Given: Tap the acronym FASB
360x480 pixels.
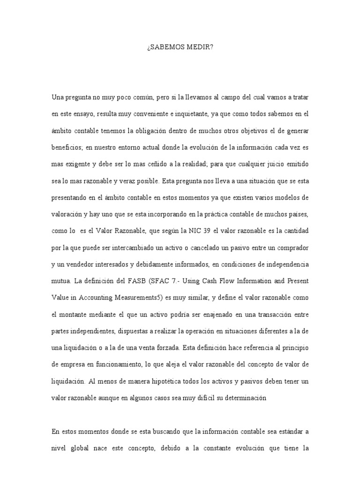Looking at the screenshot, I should (142, 281).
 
